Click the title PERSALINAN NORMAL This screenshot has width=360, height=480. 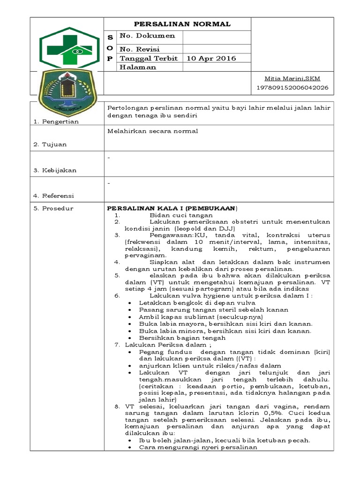click(x=182, y=24)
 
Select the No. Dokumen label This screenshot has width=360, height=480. click(x=147, y=36)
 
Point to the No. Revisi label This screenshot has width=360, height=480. click(x=140, y=49)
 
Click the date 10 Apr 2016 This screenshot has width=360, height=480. click(x=211, y=59)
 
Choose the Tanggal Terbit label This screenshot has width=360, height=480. click(x=149, y=59)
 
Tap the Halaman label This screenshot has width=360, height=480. click(x=138, y=67)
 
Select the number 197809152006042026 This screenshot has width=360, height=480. click(x=292, y=88)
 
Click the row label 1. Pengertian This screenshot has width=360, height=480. click(x=55, y=122)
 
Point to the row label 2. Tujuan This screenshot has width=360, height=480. click(x=50, y=144)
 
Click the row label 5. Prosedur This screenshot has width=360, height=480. click(x=53, y=208)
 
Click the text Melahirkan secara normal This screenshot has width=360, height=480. click(x=153, y=131)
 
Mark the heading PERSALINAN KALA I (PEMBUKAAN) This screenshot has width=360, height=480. click(x=172, y=208)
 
